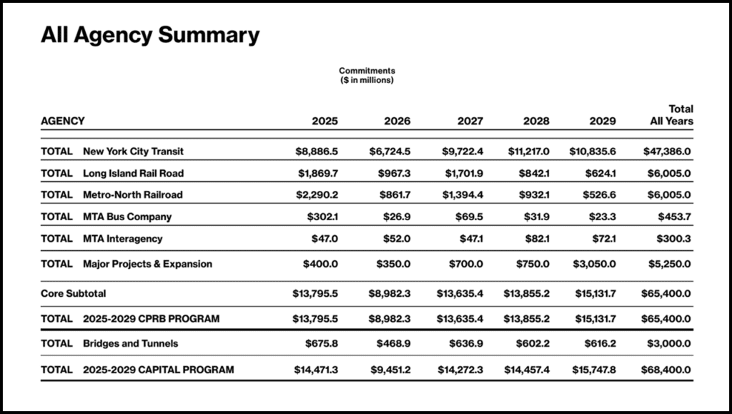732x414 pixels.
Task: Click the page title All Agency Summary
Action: pyautogui.click(x=150, y=34)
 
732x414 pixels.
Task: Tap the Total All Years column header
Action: pyautogui.click(x=671, y=115)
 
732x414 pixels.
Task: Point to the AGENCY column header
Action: pyautogui.click(x=63, y=121)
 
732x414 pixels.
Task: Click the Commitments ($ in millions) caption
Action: pyautogui.click(x=367, y=75)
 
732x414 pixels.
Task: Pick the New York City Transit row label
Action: pyautogui.click(x=134, y=152)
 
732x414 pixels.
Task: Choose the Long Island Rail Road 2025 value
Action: pyautogui.click(x=317, y=173)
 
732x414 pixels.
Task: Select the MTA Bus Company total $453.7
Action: pyautogui.click(x=676, y=217)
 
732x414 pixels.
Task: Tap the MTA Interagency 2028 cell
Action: pyautogui.click(x=535, y=239)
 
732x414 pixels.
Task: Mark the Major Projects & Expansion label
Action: pyautogui.click(x=147, y=264)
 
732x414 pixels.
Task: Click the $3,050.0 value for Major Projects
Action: pyautogui.click(x=595, y=264)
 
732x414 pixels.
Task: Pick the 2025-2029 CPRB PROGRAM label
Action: pyautogui.click(x=152, y=317)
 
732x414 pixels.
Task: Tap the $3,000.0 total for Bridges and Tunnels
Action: pyautogui.click(x=671, y=343)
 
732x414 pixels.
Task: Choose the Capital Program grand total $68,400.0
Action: pyautogui.click(x=668, y=370)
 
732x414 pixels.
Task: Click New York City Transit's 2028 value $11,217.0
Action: pyautogui.click(x=528, y=152)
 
